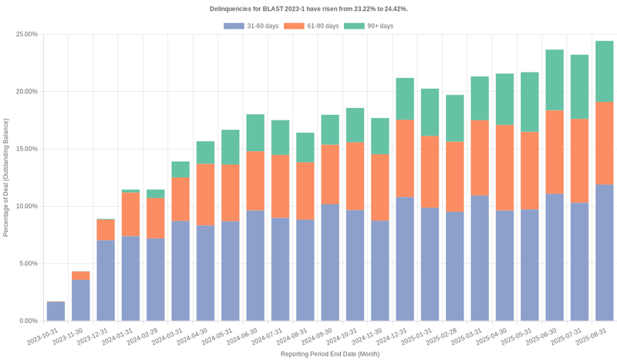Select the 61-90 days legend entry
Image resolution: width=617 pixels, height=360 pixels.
pos(311,26)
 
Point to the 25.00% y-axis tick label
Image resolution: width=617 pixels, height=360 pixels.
pos(25,35)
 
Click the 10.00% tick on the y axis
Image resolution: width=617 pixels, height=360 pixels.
pos(25,207)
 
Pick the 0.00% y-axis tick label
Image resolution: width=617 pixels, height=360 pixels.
pos(27,321)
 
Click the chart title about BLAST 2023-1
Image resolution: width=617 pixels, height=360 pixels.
pos(308,8)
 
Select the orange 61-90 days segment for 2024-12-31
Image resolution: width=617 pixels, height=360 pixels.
pos(405,158)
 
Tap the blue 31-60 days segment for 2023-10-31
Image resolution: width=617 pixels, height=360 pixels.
pos(56,311)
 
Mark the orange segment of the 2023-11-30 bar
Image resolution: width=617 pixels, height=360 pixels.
pos(81,276)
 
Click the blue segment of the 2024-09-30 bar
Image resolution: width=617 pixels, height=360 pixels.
pos(330,262)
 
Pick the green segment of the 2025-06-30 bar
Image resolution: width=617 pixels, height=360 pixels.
pos(555,80)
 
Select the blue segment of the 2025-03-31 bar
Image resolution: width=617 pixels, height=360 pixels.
pos(480,258)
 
